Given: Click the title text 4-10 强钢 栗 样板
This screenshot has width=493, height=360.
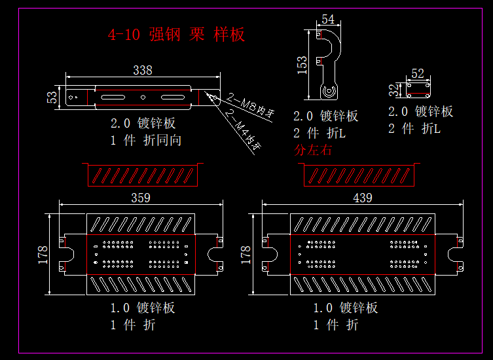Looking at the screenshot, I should click(176, 35).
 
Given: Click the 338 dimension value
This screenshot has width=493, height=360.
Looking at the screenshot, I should click(143, 70).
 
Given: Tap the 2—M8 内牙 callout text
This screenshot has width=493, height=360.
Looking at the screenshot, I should click(249, 107).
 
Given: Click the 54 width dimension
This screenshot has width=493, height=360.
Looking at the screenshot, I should click(328, 20).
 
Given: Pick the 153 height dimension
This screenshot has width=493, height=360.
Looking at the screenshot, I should click(302, 65).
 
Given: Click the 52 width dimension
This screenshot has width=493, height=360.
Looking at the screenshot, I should click(418, 73).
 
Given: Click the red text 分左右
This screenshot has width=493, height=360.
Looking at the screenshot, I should click(314, 150).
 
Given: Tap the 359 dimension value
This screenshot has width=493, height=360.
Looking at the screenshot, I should click(141, 197).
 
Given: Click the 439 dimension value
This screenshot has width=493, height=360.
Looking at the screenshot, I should click(363, 197).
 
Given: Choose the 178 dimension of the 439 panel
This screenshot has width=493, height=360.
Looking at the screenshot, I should click(246, 253).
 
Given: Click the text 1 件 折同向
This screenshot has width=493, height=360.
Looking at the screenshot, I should click(145, 140).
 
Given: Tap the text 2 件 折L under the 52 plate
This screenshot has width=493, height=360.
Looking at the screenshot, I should click(414, 129).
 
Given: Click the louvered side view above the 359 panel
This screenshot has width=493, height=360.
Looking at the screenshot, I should click(141, 175).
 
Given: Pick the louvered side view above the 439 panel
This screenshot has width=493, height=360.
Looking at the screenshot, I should click(359, 175).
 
